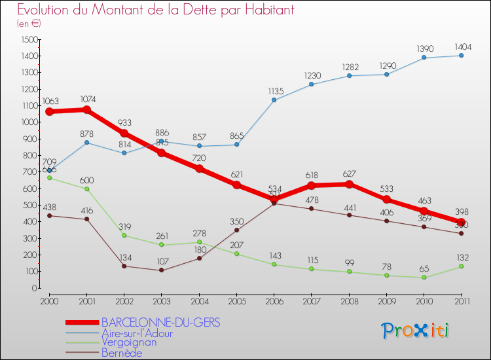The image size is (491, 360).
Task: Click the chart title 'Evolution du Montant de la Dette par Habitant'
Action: pyautogui.click(x=155, y=10)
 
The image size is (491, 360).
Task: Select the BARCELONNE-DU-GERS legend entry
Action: pyautogui.click(x=160, y=323)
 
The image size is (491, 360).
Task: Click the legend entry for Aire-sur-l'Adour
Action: pyautogui.click(x=137, y=333)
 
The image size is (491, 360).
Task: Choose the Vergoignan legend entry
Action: pyautogui.click(x=129, y=343)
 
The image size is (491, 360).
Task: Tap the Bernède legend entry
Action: pyautogui.click(x=121, y=353)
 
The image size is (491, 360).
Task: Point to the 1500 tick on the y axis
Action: pyautogui.click(x=27, y=39)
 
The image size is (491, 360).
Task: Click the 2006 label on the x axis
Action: pyautogui.click(x=274, y=300)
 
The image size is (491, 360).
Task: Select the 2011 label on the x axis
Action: pyautogui.click(x=461, y=300)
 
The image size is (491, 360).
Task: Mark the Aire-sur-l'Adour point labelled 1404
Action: pyautogui.click(x=462, y=55)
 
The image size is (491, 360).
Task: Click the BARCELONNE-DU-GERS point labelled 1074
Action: pyautogui.click(x=86, y=109)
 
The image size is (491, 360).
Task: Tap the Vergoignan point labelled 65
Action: pyautogui.click(x=424, y=277)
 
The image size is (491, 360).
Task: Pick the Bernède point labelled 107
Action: pyautogui.click(x=161, y=270)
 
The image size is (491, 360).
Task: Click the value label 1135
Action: pyautogui.click(x=274, y=91)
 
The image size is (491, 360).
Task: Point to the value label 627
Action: pyautogui.click(x=349, y=175)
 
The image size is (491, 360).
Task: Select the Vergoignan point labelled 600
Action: pyautogui.click(x=86, y=189)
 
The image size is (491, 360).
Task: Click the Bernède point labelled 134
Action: pyautogui.click(x=124, y=266)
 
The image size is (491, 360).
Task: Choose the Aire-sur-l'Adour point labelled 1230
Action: pyautogui.click(x=312, y=84)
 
